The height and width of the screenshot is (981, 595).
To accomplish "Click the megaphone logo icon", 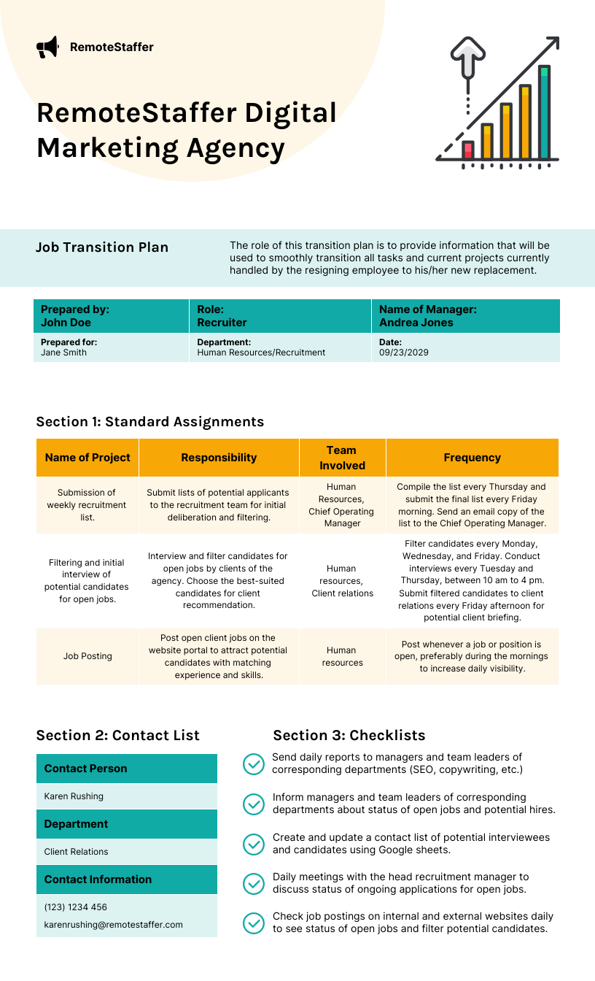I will pyautogui.click(x=47, y=47).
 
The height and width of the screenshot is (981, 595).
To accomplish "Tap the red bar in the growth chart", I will pyautogui.click(x=468, y=150).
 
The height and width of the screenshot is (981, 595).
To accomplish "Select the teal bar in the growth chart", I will pyautogui.click(x=544, y=113).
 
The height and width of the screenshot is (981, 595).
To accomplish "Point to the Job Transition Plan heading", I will pyautogui.click(x=102, y=247).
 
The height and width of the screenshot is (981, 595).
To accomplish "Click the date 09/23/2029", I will pyautogui.click(x=404, y=353).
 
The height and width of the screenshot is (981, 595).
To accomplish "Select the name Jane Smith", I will pyautogui.click(x=63, y=353).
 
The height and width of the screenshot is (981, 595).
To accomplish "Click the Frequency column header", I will pyautogui.click(x=472, y=458).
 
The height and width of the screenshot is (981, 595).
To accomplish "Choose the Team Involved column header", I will pyautogui.click(x=342, y=458).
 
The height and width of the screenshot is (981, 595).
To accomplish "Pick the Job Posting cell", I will pyautogui.click(x=87, y=656).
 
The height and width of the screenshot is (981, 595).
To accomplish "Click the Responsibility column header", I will pyautogui.click(x=219, y=458).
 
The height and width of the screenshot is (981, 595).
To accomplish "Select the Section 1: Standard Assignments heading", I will pyautogui.click(x=149, y=422).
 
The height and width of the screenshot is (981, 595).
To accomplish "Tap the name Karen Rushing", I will pyautogui.click(x=74, y=796).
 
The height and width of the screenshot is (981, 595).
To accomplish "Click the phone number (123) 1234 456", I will pyautogui.click(x=75, y=907).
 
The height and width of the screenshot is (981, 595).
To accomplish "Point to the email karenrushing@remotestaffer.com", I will pyautogui.click(x=113, y=925).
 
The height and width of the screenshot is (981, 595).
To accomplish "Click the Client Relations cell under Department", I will pyautogui.click(x=76, y=852).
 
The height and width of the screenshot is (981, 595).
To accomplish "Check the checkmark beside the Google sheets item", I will pyautogui.click(x=253, y=844).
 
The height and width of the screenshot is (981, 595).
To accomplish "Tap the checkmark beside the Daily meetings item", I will pyautogui.click(x=253, y=883).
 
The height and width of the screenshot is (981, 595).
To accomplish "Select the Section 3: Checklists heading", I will pyautogui.click(x=349, y=735).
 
